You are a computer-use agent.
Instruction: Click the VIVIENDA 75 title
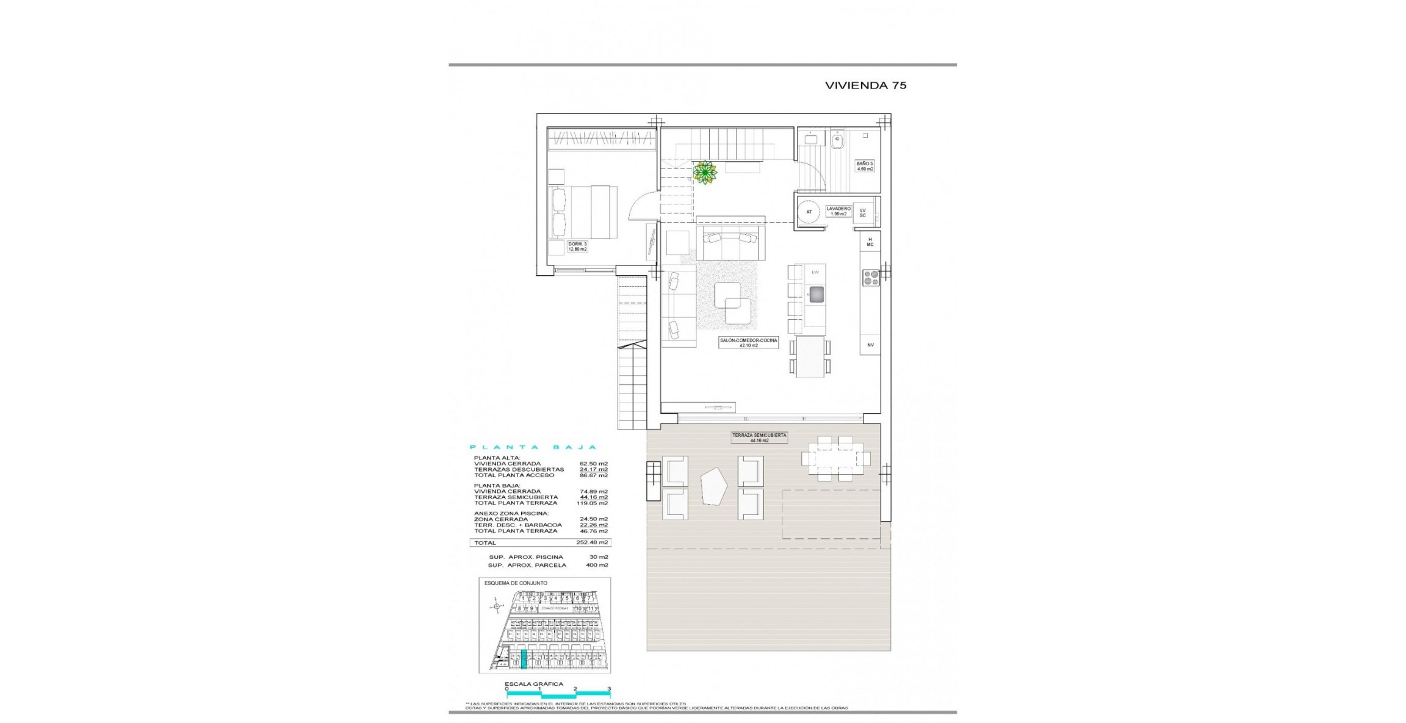[x=865, y=86]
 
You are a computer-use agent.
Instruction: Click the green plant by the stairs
[x=705, y=173]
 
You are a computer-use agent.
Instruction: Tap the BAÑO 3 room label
[x=865, y=166]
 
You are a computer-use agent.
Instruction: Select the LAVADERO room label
[x=838, y=211]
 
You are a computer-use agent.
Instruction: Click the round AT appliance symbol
[x=809, y=212]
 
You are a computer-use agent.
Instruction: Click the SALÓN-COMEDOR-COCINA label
[x=748, y=343]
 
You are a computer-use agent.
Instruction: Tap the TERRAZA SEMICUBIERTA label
[x=759, y=437]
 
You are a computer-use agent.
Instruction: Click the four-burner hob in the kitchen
[x=870, y=278]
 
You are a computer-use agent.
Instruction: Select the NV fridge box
[x=870, y=345]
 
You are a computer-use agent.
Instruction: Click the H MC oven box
[x=870, y=242]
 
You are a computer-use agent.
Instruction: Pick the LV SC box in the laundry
[x=862, y=213]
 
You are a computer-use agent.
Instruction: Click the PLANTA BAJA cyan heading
[x=532, y=447]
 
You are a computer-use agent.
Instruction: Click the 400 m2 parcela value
[x=597, y=565]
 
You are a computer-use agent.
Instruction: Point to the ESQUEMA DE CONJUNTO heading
[x=516, y=583]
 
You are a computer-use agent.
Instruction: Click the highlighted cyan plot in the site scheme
[x=524, y=660]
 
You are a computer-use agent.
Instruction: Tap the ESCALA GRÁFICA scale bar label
[x=533, y=684]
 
